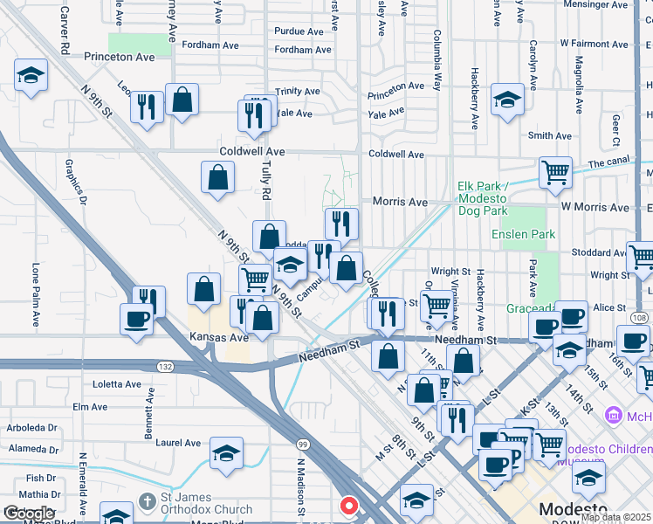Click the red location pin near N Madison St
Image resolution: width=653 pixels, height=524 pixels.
click(x=349, y=506)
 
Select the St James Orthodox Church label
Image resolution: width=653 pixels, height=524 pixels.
click(x=206, y=503)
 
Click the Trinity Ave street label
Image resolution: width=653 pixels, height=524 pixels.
click(x=297, y=92)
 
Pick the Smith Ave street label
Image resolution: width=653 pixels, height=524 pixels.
click(x=550, y=136)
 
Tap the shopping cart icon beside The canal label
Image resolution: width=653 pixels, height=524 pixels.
click(x=555, y=172)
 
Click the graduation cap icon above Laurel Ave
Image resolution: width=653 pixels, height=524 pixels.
click(x=226, y=453)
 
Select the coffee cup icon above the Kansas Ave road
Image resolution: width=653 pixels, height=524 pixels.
click(x=137, y=320)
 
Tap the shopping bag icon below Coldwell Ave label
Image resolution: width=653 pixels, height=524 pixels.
click(x=217, y=177)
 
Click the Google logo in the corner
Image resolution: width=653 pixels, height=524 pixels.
click(x=29, y=514)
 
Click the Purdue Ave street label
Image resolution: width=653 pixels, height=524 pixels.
click(x=299, y=31)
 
